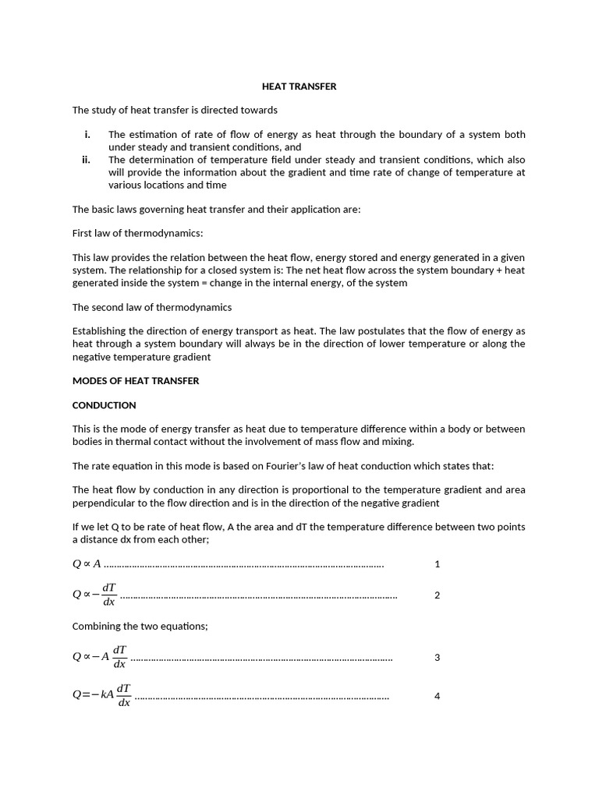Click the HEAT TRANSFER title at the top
(299, 87)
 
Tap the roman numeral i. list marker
(87, 135)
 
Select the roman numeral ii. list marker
(87, 160)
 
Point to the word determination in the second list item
(160, 160)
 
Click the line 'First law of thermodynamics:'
(137, 233)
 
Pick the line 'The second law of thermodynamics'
(152, 307)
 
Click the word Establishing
(102, 331)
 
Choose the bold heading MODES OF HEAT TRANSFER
(136, 381)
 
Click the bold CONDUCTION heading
(104, 405)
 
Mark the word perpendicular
(104, 503)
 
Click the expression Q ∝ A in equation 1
(87, 564)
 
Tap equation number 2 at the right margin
(437, 595)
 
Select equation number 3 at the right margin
(437, 658)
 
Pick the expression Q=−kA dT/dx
(101, 695)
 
